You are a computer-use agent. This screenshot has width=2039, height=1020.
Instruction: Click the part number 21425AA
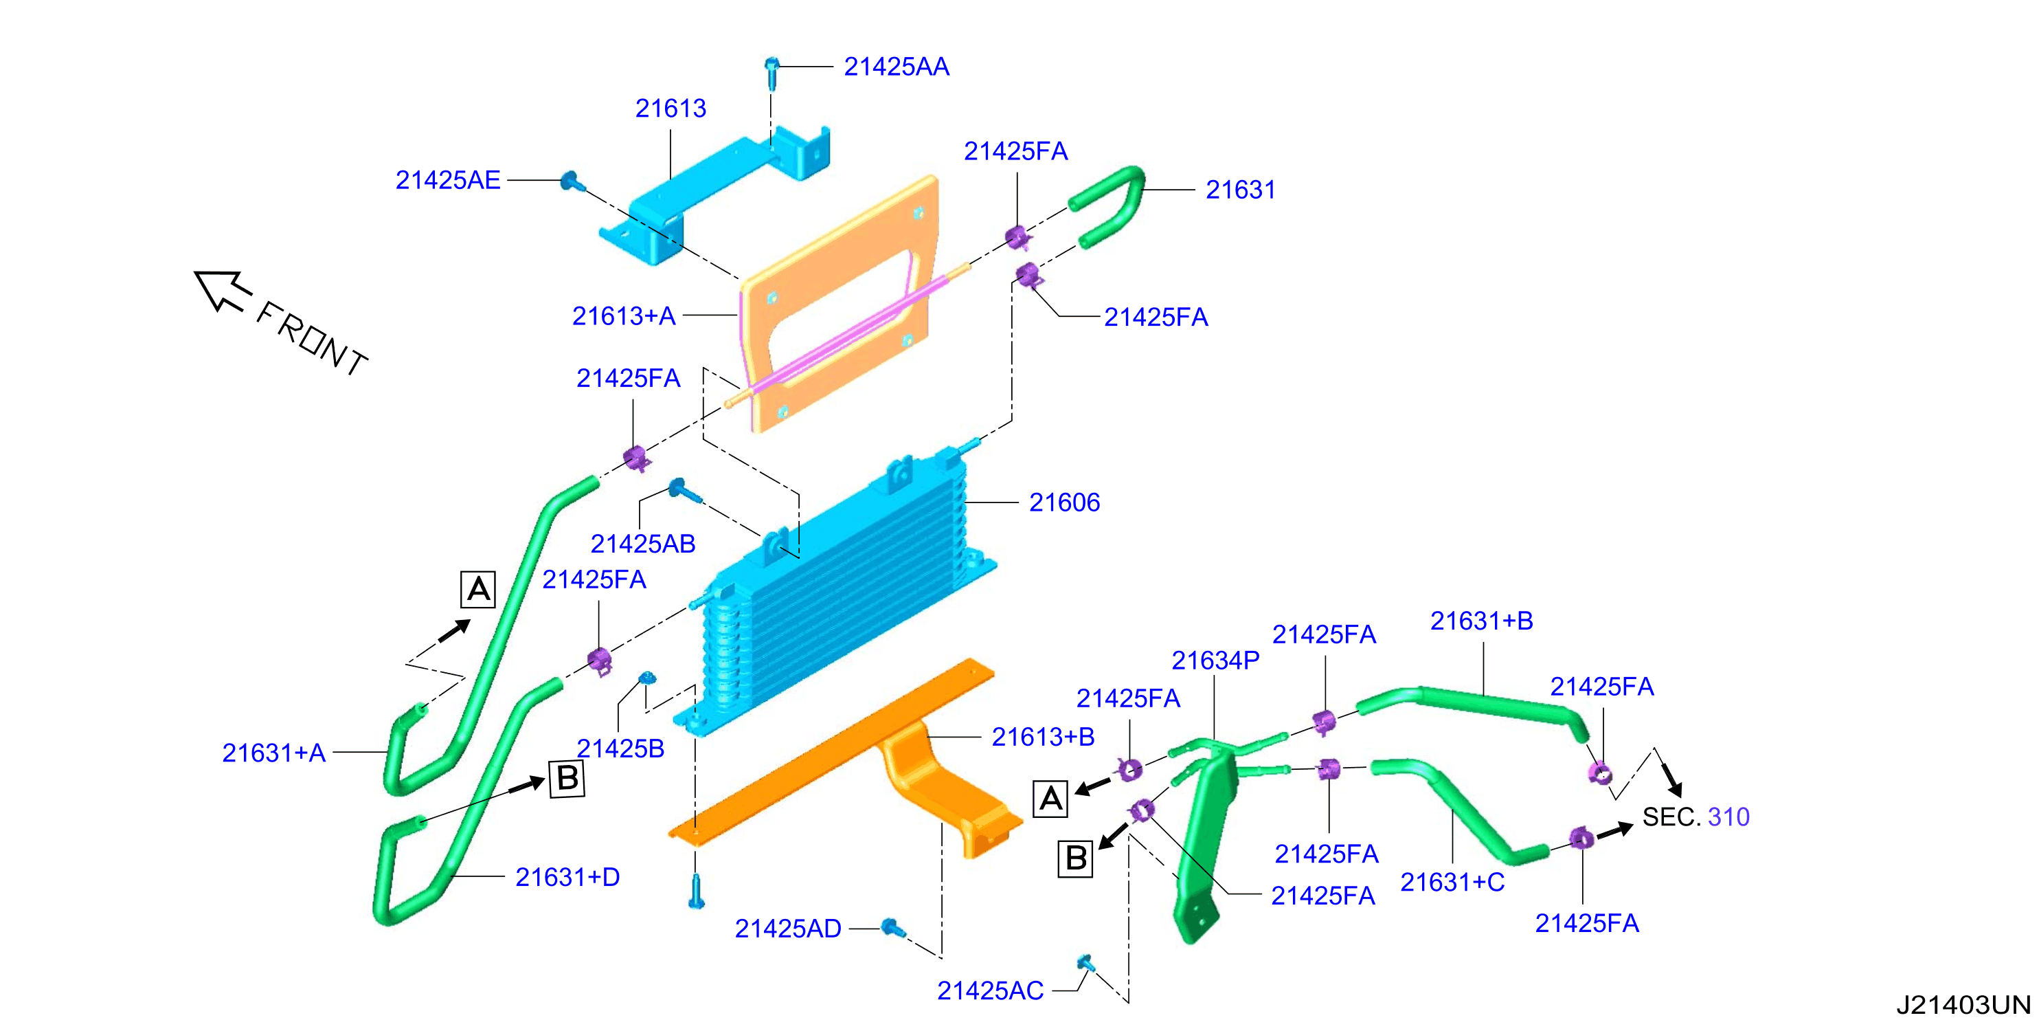tap(896, 67)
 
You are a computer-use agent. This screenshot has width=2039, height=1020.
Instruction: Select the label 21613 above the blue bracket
tap(671, 109)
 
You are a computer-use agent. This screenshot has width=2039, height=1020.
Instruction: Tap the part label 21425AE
tap(448, 181)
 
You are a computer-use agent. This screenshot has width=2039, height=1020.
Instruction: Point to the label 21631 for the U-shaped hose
tap(1240, 190)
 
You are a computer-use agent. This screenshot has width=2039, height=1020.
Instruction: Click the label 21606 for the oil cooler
tap(1064, 502)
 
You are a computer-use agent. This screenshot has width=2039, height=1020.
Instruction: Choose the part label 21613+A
tap(624, 316)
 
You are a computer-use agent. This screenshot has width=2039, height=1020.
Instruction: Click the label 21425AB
tap(643, 544)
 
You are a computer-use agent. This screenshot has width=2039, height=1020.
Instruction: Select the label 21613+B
tap(1044, 738)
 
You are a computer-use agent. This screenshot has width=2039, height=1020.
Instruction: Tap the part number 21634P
tap(1215, 661)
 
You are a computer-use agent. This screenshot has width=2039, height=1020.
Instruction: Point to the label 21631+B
tap(1482, 621)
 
